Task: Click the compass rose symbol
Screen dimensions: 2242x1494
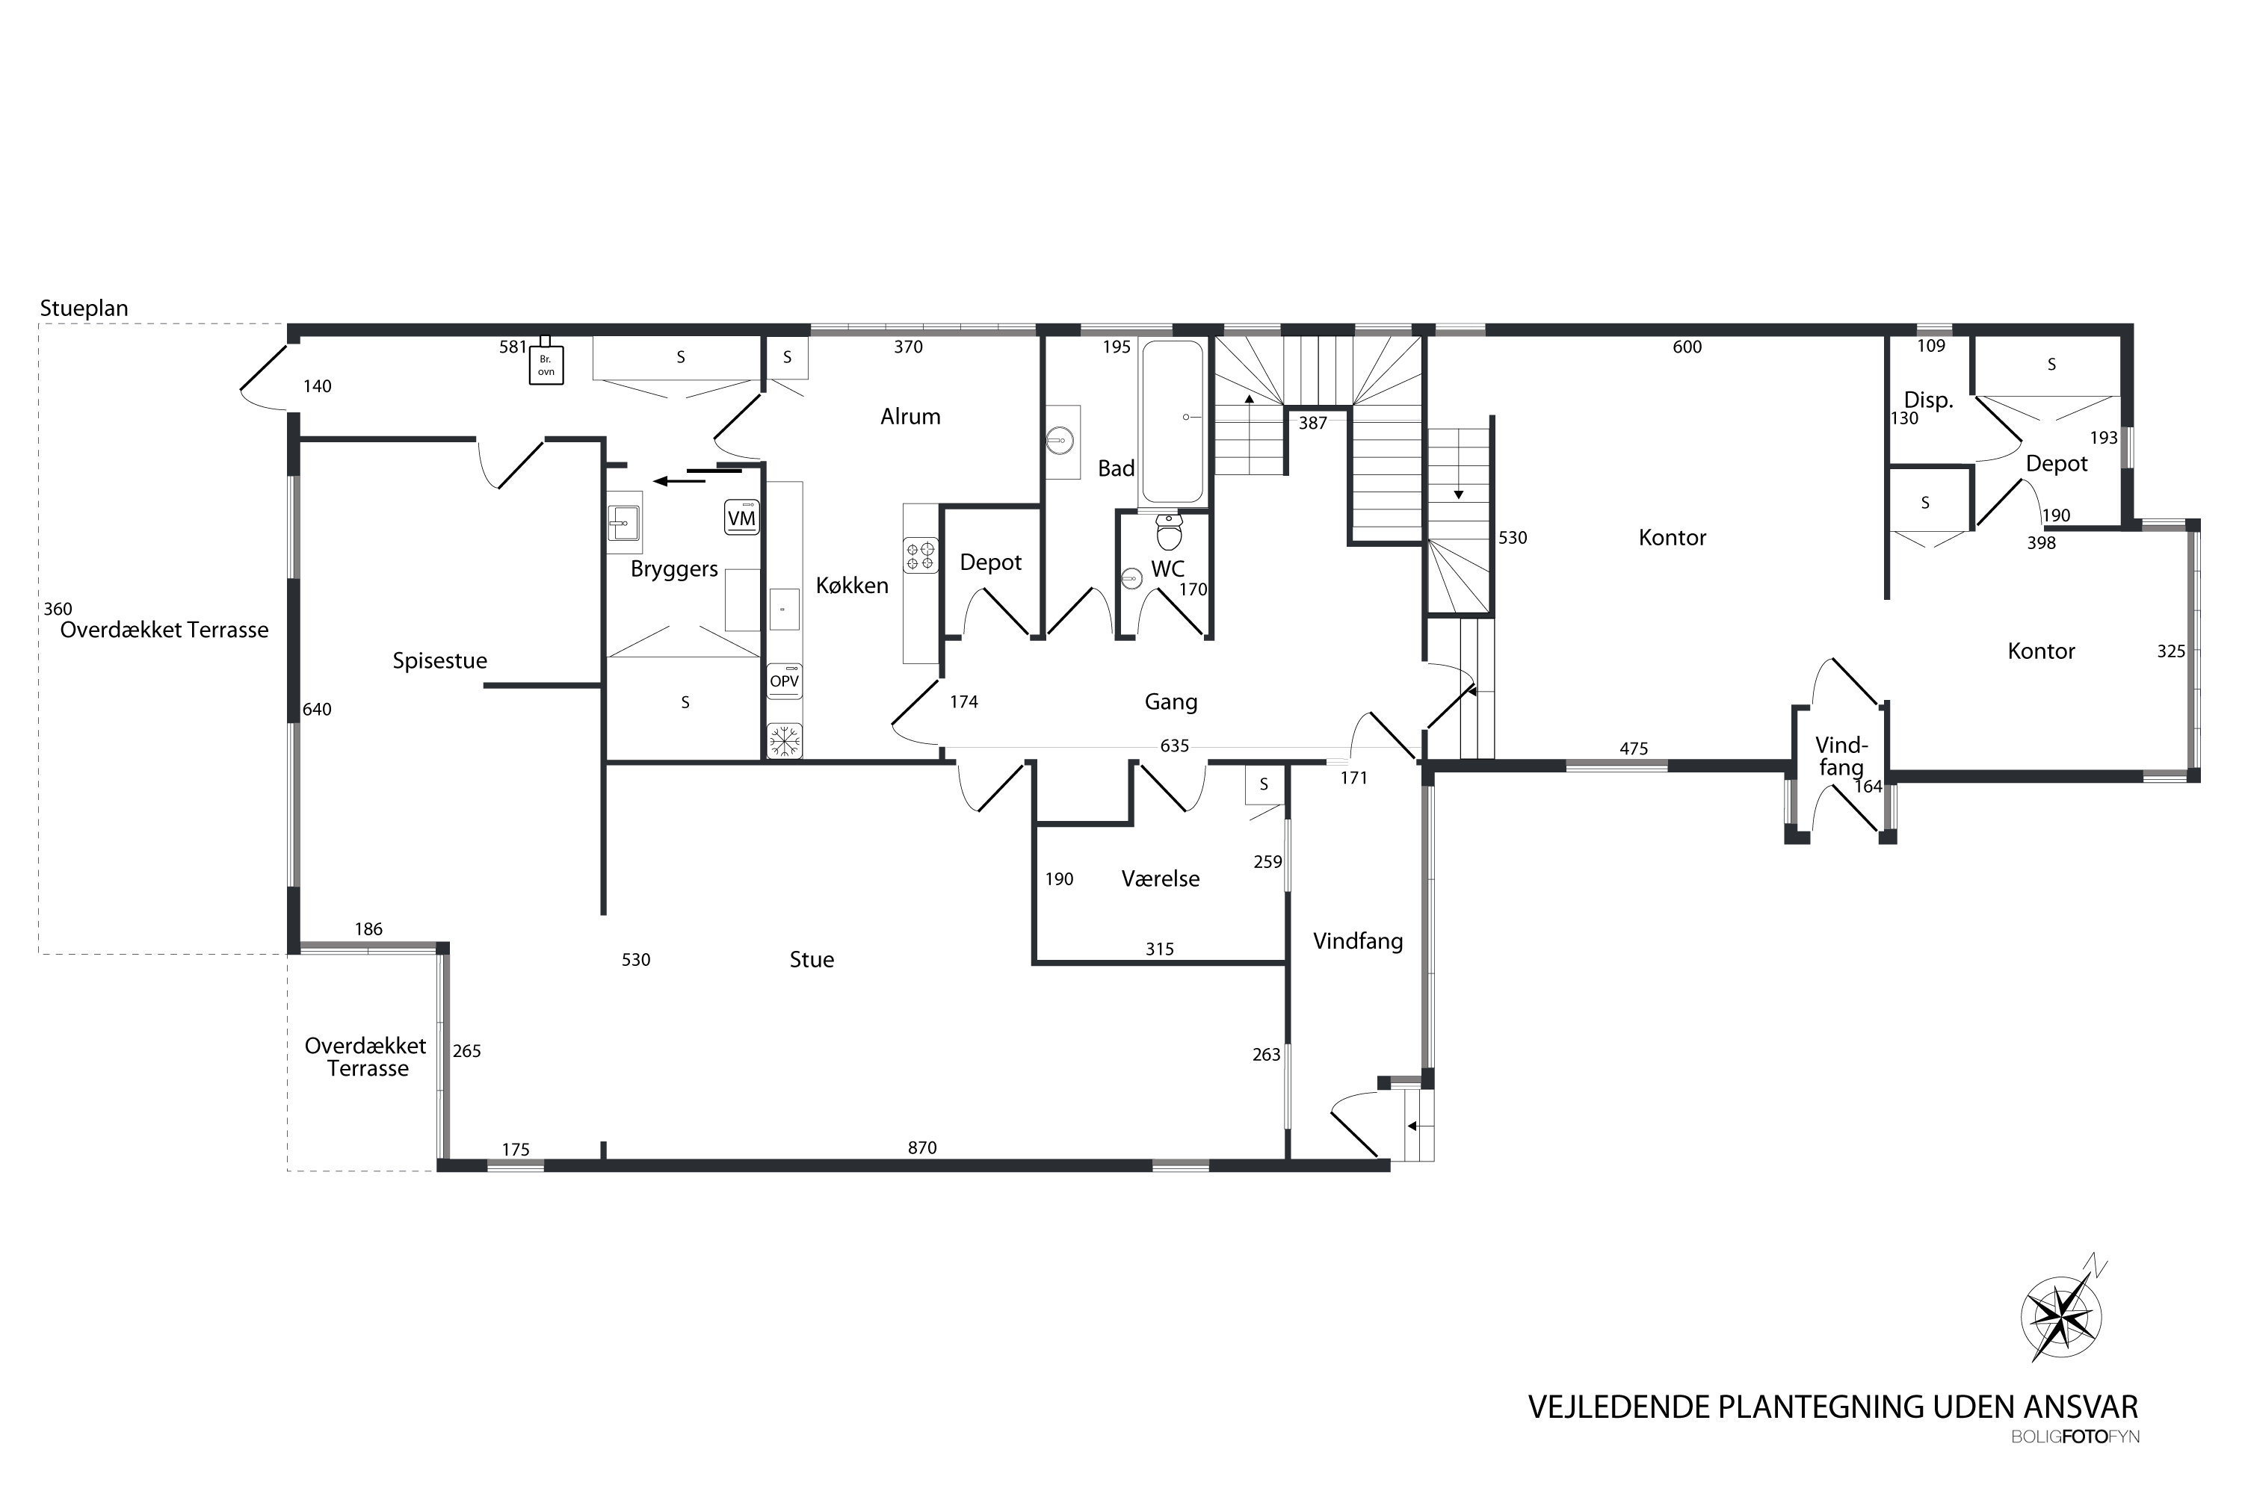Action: (2063, 1317)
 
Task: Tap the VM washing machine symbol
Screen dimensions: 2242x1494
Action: (741, 518)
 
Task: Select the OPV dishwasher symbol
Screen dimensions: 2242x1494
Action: (785, 681)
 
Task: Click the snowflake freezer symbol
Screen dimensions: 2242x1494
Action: (785, 740)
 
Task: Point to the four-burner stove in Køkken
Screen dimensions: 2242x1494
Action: (921, 556)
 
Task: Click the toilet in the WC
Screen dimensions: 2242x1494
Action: (1169, 530)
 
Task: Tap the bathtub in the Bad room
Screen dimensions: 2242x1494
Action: (1172, 421)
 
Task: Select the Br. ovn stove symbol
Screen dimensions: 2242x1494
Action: (546, 363)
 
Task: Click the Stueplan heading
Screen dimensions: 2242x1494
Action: (84, 308)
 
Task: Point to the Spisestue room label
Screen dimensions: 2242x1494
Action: (439, 660)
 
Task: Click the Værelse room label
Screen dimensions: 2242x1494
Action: (1160, 878)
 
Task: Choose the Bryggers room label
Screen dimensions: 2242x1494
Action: (674, 568)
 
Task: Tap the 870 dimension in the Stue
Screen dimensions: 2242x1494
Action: (921, 1148)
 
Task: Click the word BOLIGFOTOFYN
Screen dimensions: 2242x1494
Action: (2075, 1436)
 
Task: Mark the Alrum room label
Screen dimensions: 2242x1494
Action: (910, 416)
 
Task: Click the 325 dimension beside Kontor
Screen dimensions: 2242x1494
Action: (2170, 651)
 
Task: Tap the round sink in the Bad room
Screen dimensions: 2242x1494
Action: (1059, 440)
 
